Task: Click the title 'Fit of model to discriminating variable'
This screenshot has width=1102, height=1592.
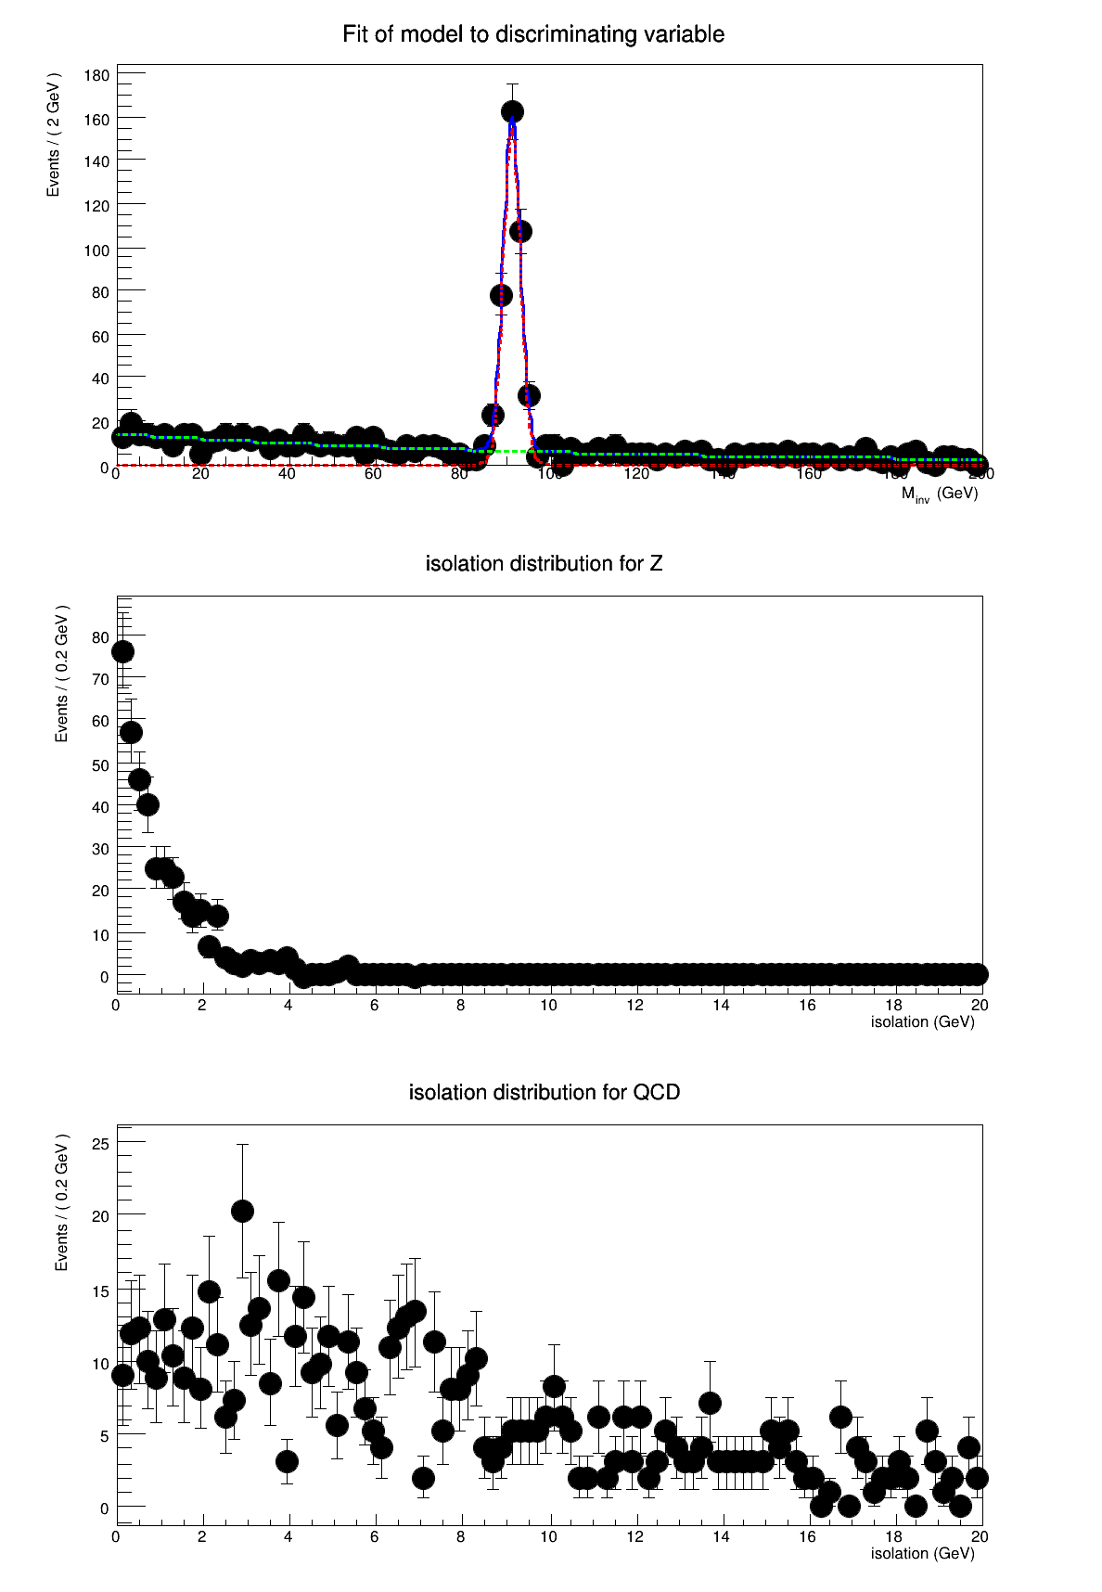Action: pyautogui.click(x=533, y=34)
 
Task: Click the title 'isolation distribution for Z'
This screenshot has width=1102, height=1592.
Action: pyautogui.click(x=544, y=564)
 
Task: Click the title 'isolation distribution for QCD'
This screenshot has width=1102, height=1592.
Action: pyautogui.click(x=545, y=1093)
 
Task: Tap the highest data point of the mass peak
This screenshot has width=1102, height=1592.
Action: pyautogui.click(x=512, y=112)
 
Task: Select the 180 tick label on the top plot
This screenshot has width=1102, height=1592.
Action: pyautogui.click(x=96, y=75)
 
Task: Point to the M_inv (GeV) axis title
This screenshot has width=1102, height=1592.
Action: pyautogui.click(x=939, y=494)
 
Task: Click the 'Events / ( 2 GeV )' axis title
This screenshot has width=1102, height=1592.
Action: pyautogui.click(x=54, y=135)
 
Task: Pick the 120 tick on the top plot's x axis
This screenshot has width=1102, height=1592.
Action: pyautogui.click(x=636, y=474)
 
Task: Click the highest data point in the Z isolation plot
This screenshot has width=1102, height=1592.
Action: pyautogui.click(x=122, y=651)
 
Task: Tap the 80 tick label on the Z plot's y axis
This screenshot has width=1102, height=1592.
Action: pyautogui.click(x=100, y=637)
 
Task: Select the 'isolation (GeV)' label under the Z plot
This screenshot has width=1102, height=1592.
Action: pyautogui.click(x=922, y=1022)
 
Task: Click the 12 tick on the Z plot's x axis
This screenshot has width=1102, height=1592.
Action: pyautogui.click(x=634, y=1006)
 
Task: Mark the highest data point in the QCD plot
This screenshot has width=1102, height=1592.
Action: pyautogui.click(x=242, y=1211)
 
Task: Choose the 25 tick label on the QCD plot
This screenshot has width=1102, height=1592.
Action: pyautogui.click(x=100, y=1145)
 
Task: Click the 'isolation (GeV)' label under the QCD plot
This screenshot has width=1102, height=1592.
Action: pyautogui.click(x=922, y=1553)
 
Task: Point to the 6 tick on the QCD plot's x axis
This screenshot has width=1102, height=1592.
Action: pyautogui.click(x=375, y=1536)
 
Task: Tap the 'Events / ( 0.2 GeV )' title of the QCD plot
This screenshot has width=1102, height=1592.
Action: pyautogui.click(x=61, y=1202)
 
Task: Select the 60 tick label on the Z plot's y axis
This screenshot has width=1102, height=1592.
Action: pyautogui.click(x=100, y=721)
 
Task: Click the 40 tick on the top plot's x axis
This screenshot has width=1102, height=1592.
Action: pyautogui.click(x=287, y=474)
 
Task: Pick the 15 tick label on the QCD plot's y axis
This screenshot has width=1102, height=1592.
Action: pyautogui.click(x=100, y=1290)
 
